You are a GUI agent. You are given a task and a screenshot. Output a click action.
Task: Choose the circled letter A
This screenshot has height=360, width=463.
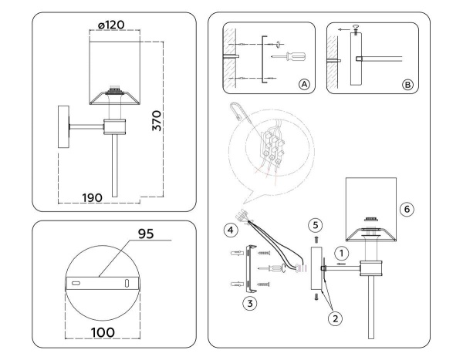pyautogui.click(x=304, y=84)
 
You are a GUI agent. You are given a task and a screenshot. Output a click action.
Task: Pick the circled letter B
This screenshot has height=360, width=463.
pyautogui.click(x=407, y=84)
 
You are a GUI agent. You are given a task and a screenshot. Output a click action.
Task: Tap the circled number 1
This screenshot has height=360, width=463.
pyautogui.click(x=341, y=251)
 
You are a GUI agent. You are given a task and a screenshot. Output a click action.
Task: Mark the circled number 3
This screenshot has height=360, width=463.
pyautogui.click(x=249, y=303)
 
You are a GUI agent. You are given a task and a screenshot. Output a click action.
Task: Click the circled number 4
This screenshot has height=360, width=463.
pyautogui.click(x=230, y=229)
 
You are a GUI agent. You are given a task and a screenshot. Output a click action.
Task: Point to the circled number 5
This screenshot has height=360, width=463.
pyautogui.click(x=314, y=226)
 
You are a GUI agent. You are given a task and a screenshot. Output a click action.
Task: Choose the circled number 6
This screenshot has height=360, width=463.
pyautogui.click(x=408, y=209)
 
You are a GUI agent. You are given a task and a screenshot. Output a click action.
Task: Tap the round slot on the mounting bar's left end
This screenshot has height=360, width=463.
pyautogui.click(x=76, y=284)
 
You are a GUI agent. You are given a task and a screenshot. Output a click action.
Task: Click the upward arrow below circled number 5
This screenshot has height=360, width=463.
pyautogui.click(x=315, y=241)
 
